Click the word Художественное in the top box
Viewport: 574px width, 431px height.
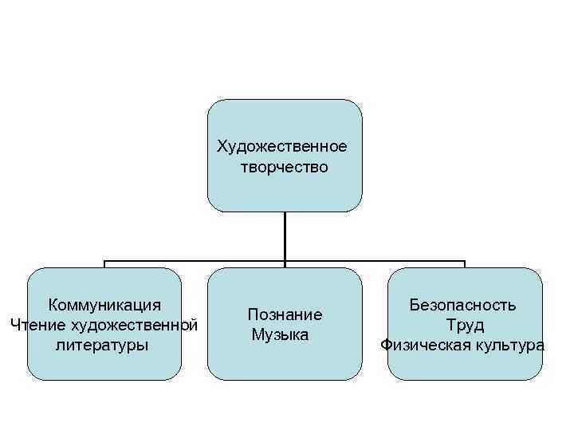(282, 147)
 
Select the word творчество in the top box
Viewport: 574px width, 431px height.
(283, 167)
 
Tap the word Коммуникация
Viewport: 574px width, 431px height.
(104, 305)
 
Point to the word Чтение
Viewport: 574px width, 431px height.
(37, 325)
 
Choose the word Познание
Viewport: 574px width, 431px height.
(285, 314)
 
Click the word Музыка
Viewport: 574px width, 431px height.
(280, 335)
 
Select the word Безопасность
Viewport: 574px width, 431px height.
(462, 305)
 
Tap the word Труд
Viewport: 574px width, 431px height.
(465, 326)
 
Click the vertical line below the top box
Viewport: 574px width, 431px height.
(285, 235)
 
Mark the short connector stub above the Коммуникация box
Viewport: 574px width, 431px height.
(104, 264)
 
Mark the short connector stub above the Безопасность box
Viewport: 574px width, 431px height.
(465, 264)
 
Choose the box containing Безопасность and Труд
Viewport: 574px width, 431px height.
(465, 363)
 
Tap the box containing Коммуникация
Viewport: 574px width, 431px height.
(104, 363)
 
